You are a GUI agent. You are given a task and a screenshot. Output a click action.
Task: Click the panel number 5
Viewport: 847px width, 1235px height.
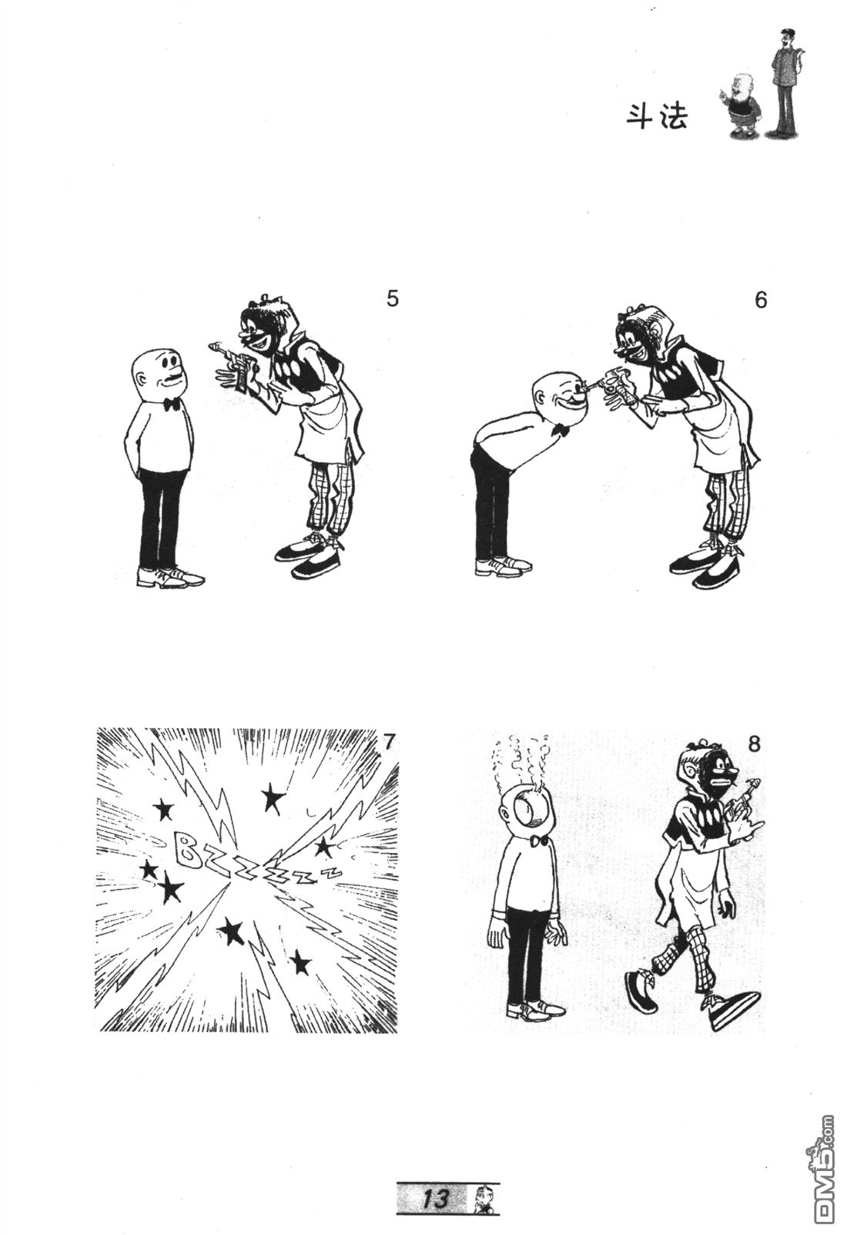click(393, 299)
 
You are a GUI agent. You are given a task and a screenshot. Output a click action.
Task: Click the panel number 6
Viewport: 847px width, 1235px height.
click(760, 300)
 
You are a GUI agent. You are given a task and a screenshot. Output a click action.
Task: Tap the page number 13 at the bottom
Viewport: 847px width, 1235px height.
click(434, 1199)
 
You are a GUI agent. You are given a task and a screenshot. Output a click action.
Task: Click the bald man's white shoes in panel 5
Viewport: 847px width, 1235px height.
click(170, 576)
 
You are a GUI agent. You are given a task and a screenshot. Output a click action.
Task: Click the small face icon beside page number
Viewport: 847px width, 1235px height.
click(485, 1199)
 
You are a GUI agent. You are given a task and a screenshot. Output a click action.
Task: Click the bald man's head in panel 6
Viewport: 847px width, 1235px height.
click(556, 394)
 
